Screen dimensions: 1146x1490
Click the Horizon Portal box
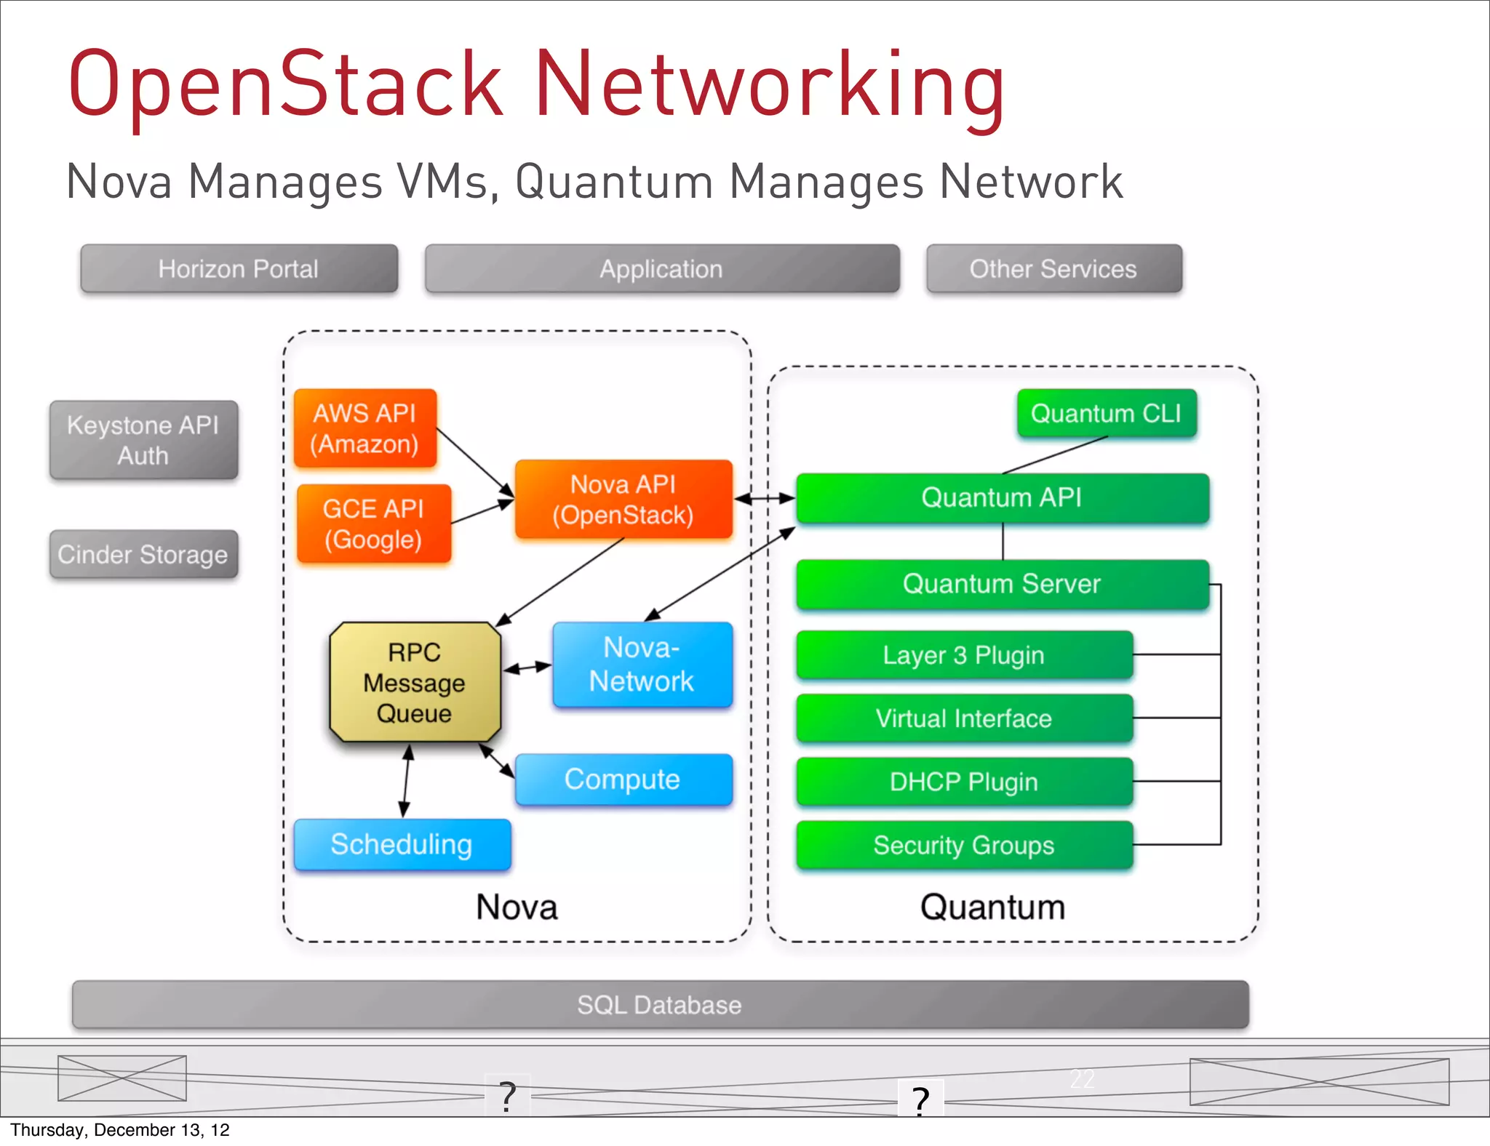click(x=239, y=269)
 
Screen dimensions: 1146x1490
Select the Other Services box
click(x=1053, y=269)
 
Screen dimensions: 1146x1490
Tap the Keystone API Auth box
click(x=143, y=440)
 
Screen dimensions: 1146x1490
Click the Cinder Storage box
click(x=143, y=554)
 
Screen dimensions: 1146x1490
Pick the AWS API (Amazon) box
click(x=364, y=428)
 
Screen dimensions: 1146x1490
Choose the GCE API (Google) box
click(x=373, y=524)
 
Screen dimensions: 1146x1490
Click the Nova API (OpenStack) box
click(x=623, y=500)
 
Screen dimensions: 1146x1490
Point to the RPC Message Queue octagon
click(x=415, y=682)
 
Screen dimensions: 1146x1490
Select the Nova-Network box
click(x=642, y=664)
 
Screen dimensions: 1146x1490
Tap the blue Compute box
click(x=623, y=780)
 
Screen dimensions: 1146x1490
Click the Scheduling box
click(x=402, y=844)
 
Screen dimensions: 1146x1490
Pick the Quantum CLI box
click(x=1106, y=413)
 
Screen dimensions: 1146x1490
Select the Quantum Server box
click(x=1002, y=584)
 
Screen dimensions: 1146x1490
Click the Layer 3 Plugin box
click(x=964, y=655)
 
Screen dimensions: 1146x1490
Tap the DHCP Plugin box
click(x=964, y=782)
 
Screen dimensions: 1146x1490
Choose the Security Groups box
click(x=964, y=845)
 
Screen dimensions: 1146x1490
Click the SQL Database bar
click(x=659, y=1005)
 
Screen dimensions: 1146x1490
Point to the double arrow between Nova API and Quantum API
click(x=765, y=499)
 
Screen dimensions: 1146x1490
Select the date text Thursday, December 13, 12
click(x=120, y=1130)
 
